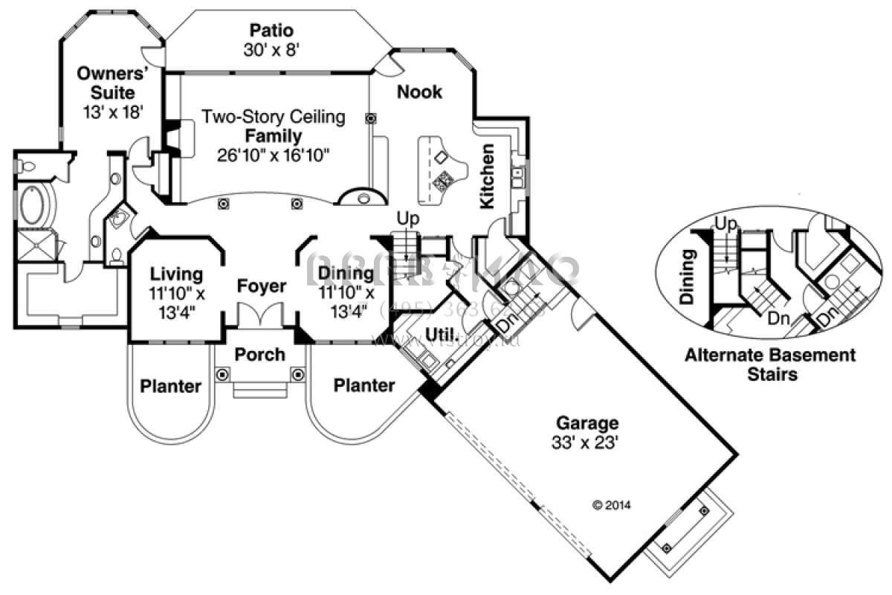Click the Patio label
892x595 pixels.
point(271,30)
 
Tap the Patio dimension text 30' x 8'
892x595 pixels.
point(271,49)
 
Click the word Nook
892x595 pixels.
point(418,92)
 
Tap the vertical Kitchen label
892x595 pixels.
point(488,176)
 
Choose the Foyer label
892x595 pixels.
point(261,286)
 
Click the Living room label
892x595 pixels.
point(175,274)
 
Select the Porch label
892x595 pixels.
point(259,354)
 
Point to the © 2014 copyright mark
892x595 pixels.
point(611,505)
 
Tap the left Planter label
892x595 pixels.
point(170,386)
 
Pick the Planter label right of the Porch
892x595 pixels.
point(363,385)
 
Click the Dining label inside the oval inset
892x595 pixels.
point(688,277)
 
